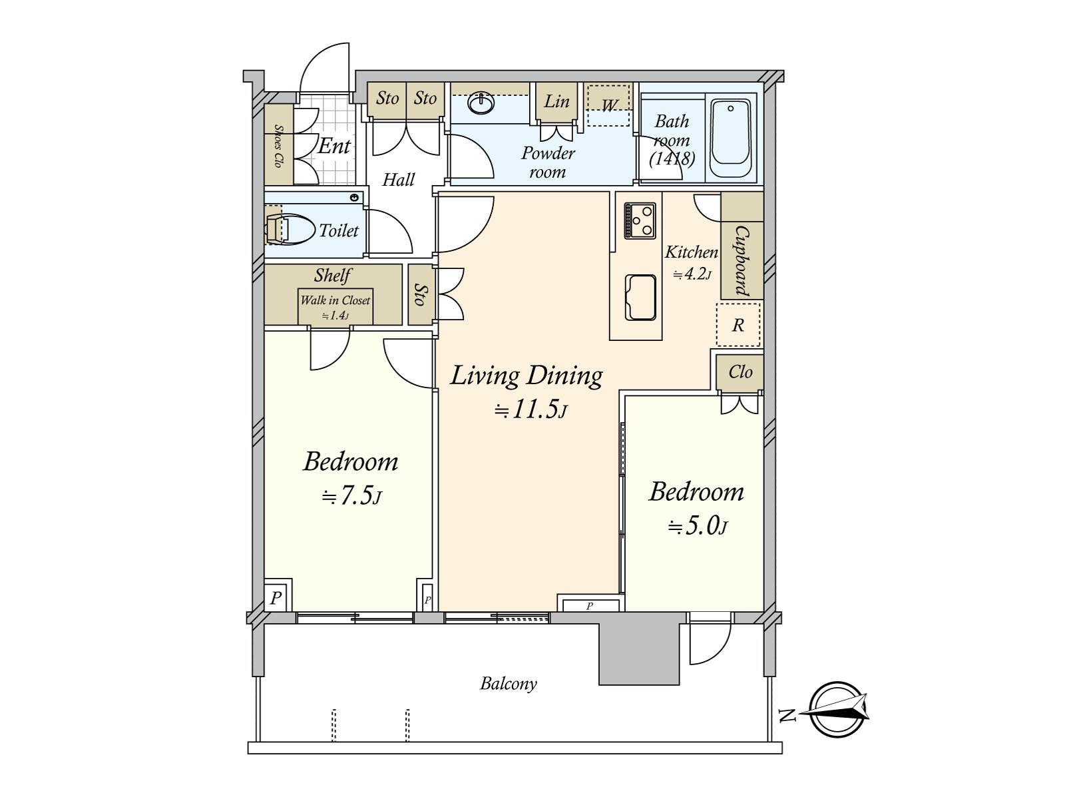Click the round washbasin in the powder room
click(481, 104)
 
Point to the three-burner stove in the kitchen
click(640, 220)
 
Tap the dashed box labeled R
click(738, 325)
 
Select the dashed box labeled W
click(608, 105)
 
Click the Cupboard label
click(741, 260)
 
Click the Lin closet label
click(556, 102)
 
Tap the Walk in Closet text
click(335, 301)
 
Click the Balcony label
click(509, 684)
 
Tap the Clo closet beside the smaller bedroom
click(740, 372)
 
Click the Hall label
click(398, 180)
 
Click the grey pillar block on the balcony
click(639, 653)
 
